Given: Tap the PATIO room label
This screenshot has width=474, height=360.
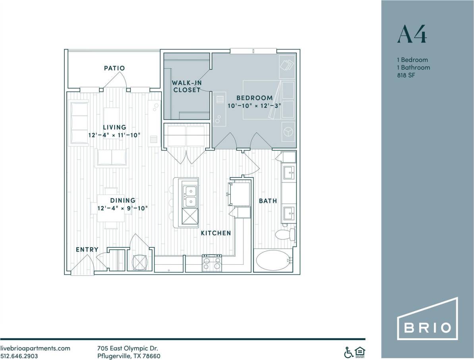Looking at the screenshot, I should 114,68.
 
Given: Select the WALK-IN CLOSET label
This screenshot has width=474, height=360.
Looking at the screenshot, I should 186,86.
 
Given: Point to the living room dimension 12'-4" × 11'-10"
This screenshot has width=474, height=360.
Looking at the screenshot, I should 114,135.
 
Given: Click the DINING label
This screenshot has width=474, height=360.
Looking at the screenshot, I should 123,200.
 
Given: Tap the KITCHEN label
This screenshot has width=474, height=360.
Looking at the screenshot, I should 216,233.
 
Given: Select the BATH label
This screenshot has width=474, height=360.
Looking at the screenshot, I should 268,201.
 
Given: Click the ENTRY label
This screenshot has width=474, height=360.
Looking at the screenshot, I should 87,249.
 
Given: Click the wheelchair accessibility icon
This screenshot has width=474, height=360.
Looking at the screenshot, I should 348,352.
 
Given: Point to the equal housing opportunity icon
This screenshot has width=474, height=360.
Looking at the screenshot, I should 360,352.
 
